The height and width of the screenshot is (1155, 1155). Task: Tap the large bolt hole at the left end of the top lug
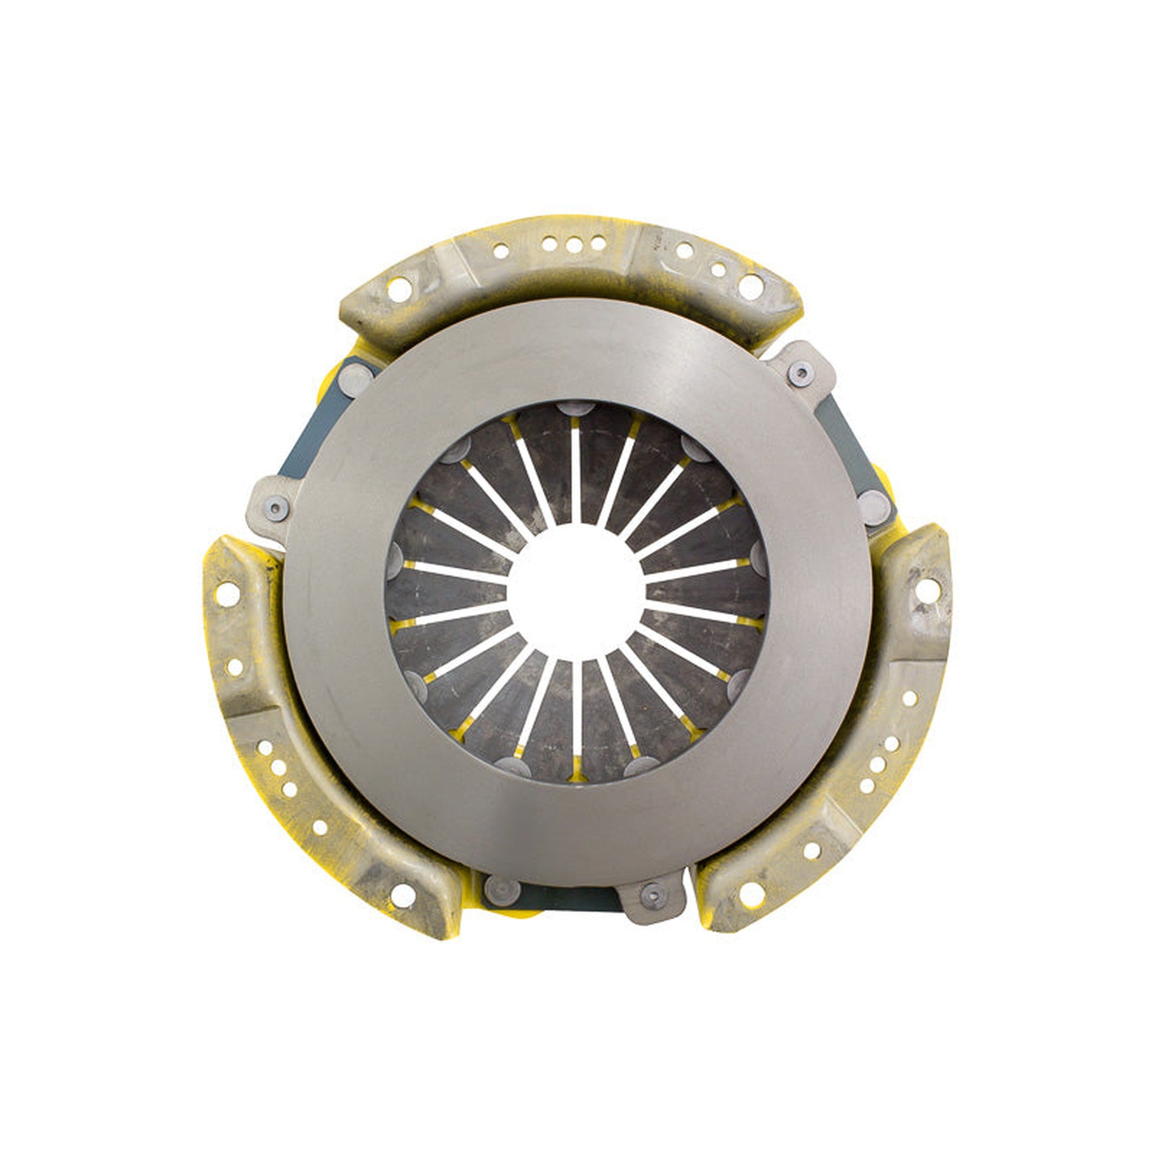click(x=399, y=290)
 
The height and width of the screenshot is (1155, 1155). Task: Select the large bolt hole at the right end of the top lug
click(x=751, y=286)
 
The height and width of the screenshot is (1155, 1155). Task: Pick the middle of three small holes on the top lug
click(x=574, y=245)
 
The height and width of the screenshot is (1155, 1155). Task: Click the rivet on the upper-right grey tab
click(x=800, y=373)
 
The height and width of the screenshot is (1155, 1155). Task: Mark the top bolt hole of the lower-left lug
click(x=227, y=595)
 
